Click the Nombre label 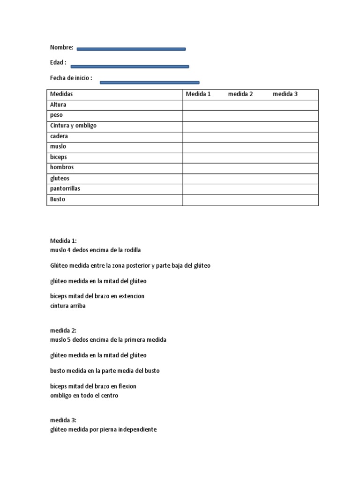[x=61, y=47]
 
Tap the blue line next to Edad [x=129, y=67]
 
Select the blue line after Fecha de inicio [x=150, y=82]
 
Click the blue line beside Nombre [x=131, y=49]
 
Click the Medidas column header [x=61, y=94]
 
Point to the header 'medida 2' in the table [x=240, y=94]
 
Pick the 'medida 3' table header [x=285, y=94]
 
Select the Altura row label [x=58, y=105]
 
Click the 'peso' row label [x=56, y=115]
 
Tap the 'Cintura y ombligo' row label [x=73, y=126]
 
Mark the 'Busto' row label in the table [x=58, y=199]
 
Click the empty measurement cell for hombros [x=250, y=167]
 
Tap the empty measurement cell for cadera [x=250, y=136]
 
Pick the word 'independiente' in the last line [x=136, y=429]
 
